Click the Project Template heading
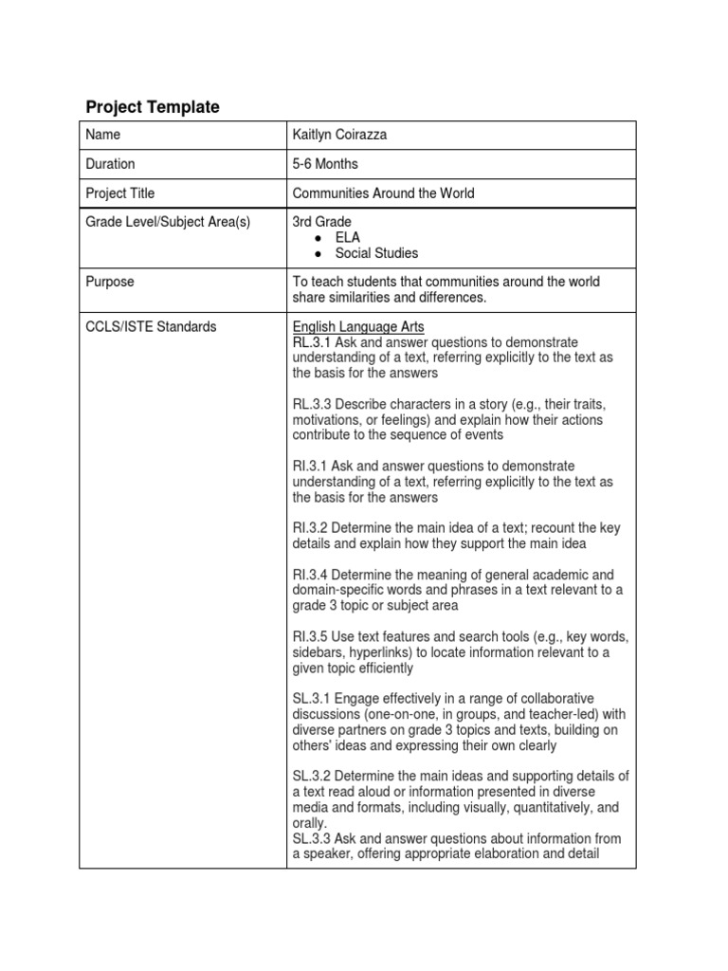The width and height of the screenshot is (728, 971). pyautogui.click(x=153, y=107)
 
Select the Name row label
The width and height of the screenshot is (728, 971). pyautogui.click(x=102, y=135)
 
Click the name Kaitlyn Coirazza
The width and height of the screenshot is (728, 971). pyautogui.click(x=339, y=135)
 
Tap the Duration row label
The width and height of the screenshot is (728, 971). pyautogui.click(x=110, y=164)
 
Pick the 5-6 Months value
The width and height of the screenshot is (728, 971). pyautogui.click(x=325, y=164)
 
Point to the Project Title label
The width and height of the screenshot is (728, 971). pyautogui.click(x=119, y=193)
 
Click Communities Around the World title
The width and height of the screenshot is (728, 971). pyautogui.click(x=383, y=193)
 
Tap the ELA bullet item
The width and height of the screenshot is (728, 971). pyautogui.click(x=347, y=238)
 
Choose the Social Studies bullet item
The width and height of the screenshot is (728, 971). pyautogui.click(x=376, y=253)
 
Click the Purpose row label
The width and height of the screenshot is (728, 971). pyautogui.click(x=109, y=283)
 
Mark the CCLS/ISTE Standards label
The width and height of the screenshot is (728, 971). pyautogui.click(x=150, y=327)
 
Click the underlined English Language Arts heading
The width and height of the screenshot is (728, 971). pyautogui.click(x=358, y=327)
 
